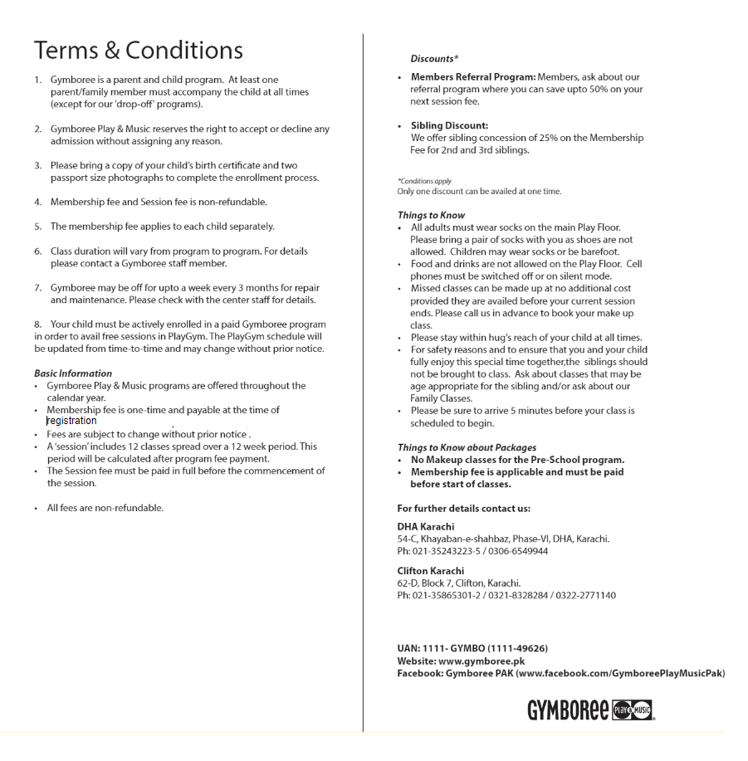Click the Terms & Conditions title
click(139, 50)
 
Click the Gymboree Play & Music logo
click(589, 710)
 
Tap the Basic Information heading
click(73, 373)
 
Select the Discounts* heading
click(434, 59)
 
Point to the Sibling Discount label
click(449, 126)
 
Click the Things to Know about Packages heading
click(467, 447)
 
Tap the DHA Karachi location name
click(426, 526)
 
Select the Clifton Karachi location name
click(431, 571)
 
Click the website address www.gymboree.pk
click(482, 661)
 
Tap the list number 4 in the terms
click(38, 202)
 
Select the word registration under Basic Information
click(71, 421)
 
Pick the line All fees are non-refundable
click(105, 508)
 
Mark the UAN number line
click(472, 648)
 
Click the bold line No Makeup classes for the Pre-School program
click(517, 460)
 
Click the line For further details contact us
click(463, 508)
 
